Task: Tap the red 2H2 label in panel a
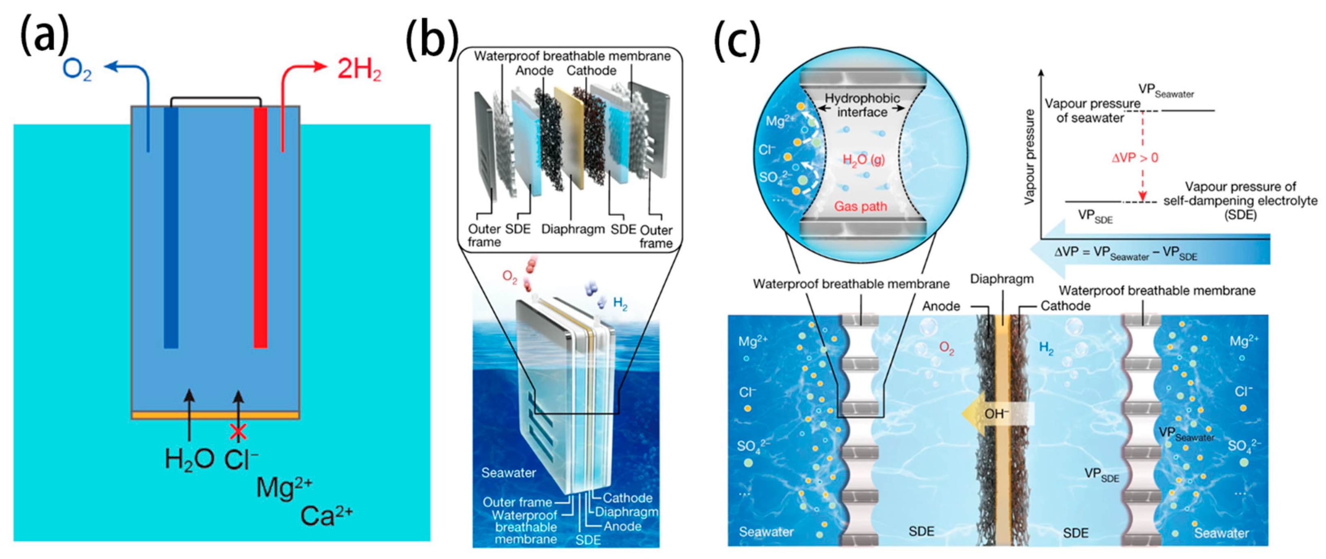[359, 69]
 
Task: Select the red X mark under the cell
[238, 432]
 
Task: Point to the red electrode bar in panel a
[260, 227]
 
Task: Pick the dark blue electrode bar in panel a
[171, 227]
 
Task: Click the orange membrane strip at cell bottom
[215, 415]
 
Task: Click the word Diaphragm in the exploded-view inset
[572, 229]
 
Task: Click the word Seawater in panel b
[508, 472]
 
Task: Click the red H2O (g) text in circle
[863, 160]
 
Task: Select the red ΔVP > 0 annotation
[1135, 158]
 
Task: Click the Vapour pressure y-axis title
[1029, 157]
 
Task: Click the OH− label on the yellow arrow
[997, 414]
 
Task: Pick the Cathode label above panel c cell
[1065, 306]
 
